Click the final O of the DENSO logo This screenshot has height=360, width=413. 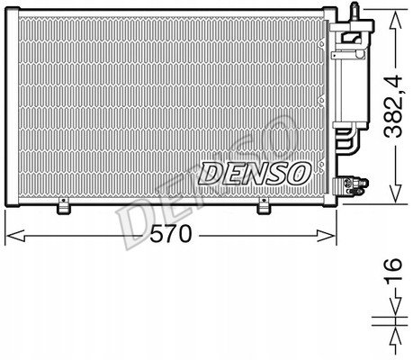[298, 171]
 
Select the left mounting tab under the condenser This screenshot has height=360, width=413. [63, 207]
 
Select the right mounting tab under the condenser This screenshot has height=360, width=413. [263, 207]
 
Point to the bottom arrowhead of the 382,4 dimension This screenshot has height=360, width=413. [391, 195]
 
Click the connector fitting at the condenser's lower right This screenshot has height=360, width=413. [359, 185]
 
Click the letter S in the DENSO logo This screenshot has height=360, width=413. [276, 172]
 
